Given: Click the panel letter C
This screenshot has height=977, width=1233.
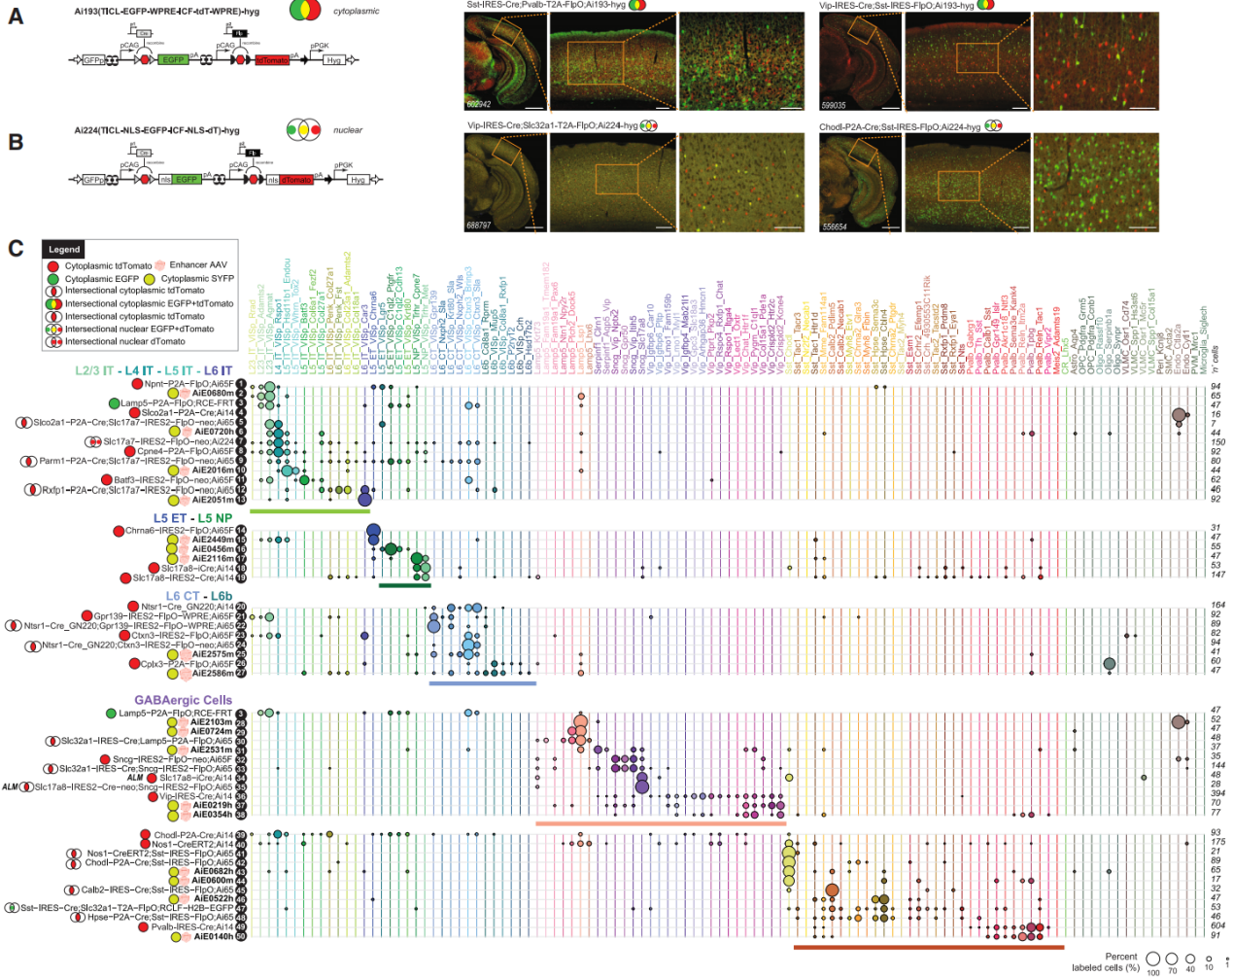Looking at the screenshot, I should click(x=16, y=248).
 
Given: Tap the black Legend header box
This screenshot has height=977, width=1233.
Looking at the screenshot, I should click(x=64, y=250).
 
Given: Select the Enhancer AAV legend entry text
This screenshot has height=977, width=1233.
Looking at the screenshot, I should click(x=198, y=264).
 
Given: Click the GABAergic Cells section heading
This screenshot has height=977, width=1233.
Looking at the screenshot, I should click(x=183, y=700).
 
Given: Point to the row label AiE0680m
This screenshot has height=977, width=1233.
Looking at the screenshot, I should click(x=213, y=394).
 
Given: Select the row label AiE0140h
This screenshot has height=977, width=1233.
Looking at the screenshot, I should click(x=213, y=937).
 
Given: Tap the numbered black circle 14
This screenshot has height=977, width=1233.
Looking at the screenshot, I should click(x=241, y=531).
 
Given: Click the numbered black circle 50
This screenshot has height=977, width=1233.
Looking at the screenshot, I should click(x=241, y=937).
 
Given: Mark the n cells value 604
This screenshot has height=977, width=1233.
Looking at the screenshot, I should click(x=1216, y=926).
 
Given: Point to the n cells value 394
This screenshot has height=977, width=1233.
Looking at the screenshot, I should click(x=1216, y=793).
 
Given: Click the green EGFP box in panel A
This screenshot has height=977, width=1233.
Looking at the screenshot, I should click(x=173, y=60).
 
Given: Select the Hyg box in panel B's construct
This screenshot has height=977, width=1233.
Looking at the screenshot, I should click(x=358, y=180).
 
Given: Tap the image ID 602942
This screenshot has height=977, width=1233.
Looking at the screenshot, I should click(x=479, y=104).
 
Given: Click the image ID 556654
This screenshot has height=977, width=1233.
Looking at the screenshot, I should click(x=834, y=227).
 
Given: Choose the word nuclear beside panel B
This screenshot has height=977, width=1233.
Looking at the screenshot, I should click(x=348, y=130).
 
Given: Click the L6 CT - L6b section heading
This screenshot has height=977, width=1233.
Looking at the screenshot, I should click(x=198, y=596).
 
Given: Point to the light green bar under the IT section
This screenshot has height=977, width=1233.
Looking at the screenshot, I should click(x=309, y=510).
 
